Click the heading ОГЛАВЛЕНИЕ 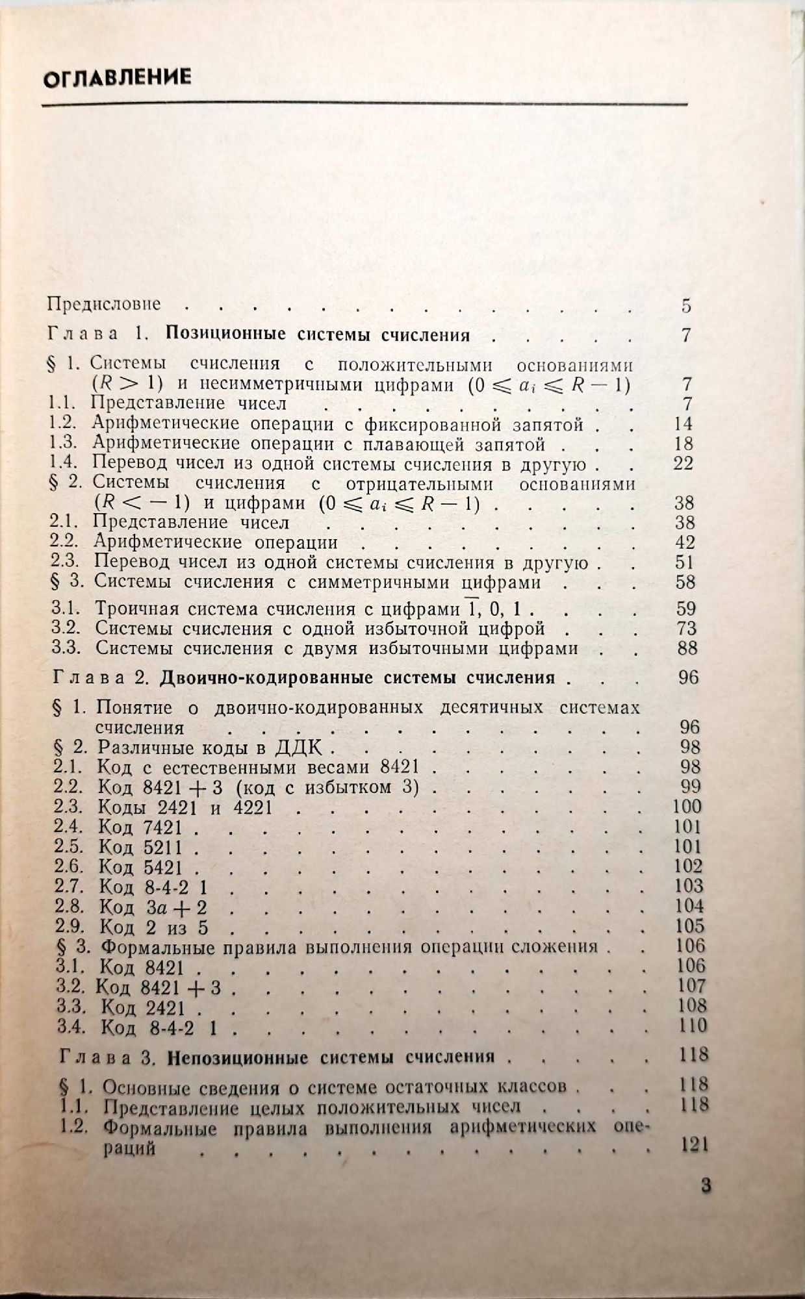117,78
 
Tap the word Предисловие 104,303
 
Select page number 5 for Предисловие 687,306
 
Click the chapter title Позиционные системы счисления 318,335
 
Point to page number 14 683,424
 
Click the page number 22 683,464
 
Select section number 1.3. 64,444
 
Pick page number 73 685,628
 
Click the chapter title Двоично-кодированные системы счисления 357,677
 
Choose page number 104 689,905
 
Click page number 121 692,1146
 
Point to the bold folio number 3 706,1185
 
